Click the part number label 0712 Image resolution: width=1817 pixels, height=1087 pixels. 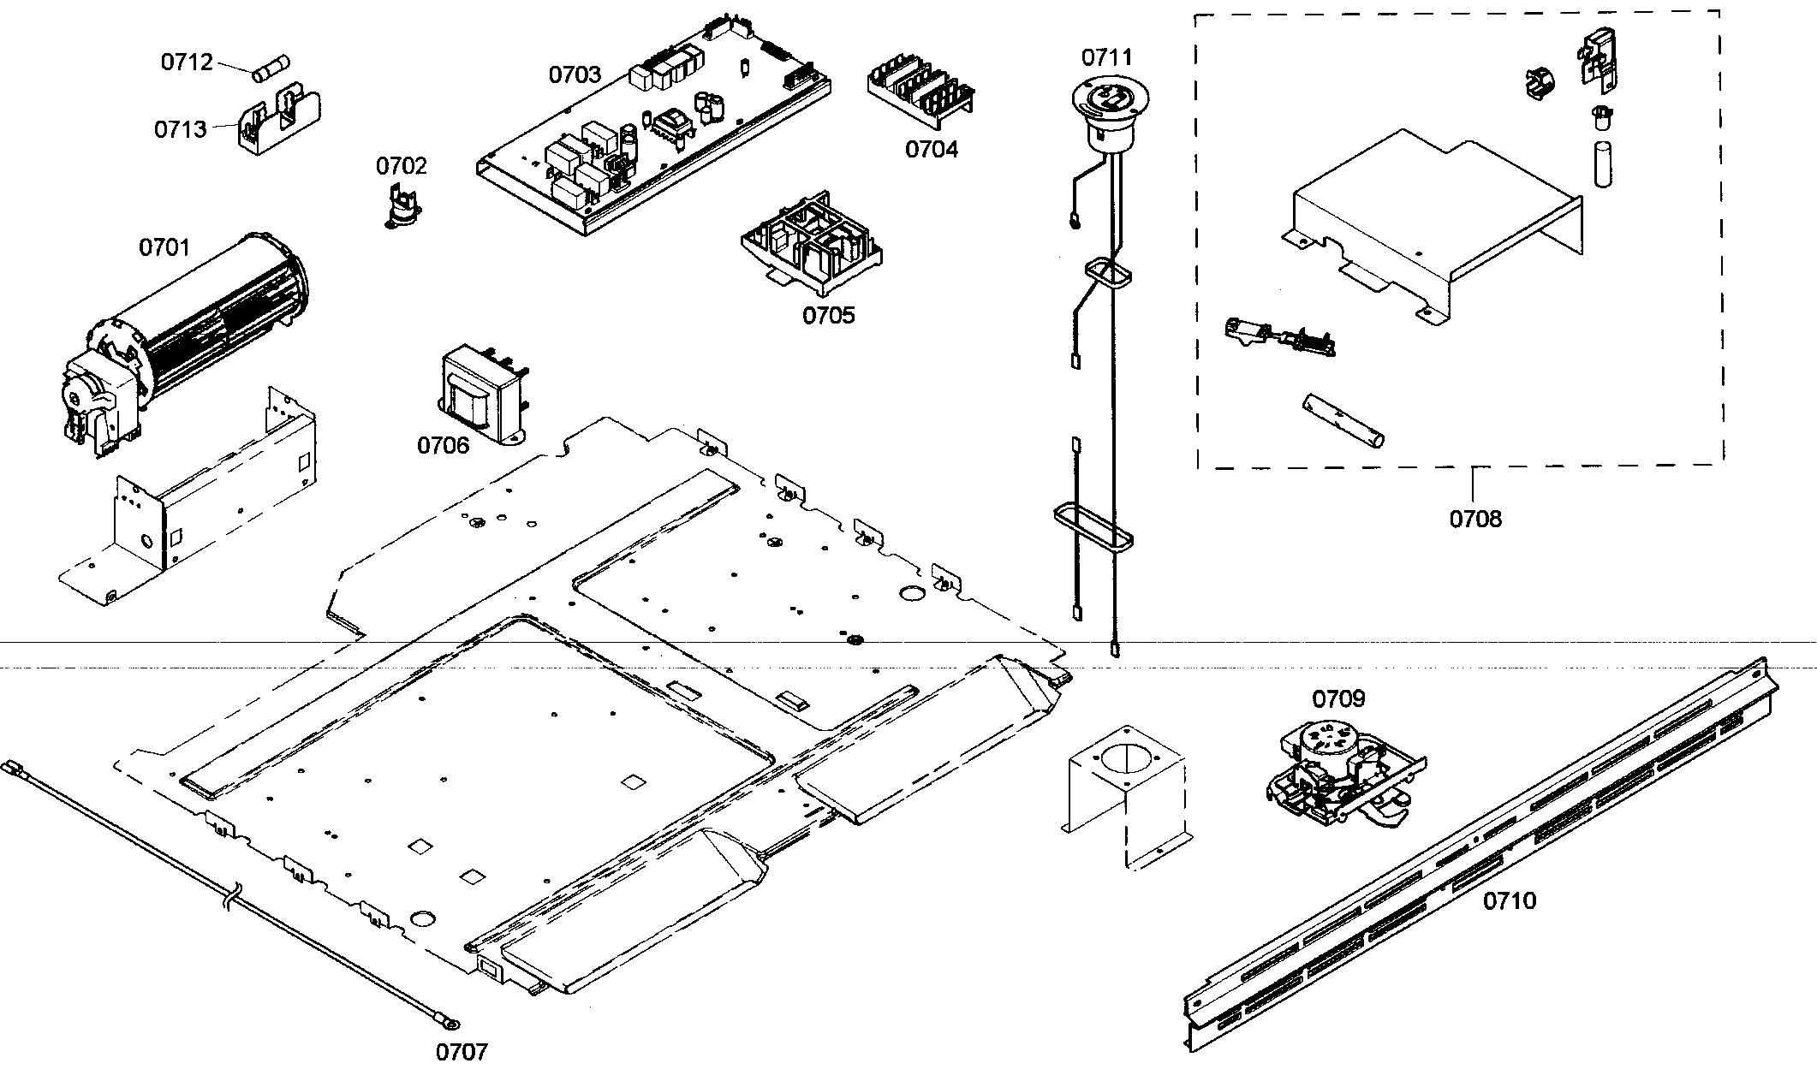point(187,62)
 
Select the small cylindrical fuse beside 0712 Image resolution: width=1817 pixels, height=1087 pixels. point(272,68)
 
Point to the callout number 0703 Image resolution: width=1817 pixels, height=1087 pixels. point(575,75)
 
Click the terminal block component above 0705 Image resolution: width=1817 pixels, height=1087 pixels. point(811,242)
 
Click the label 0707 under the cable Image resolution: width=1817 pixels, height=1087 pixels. point(462,1052)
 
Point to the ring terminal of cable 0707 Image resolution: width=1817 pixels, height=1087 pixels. point(448,1022)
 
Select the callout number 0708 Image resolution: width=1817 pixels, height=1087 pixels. point(1475,519)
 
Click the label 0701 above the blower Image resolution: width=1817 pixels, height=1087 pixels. point(164,248)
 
